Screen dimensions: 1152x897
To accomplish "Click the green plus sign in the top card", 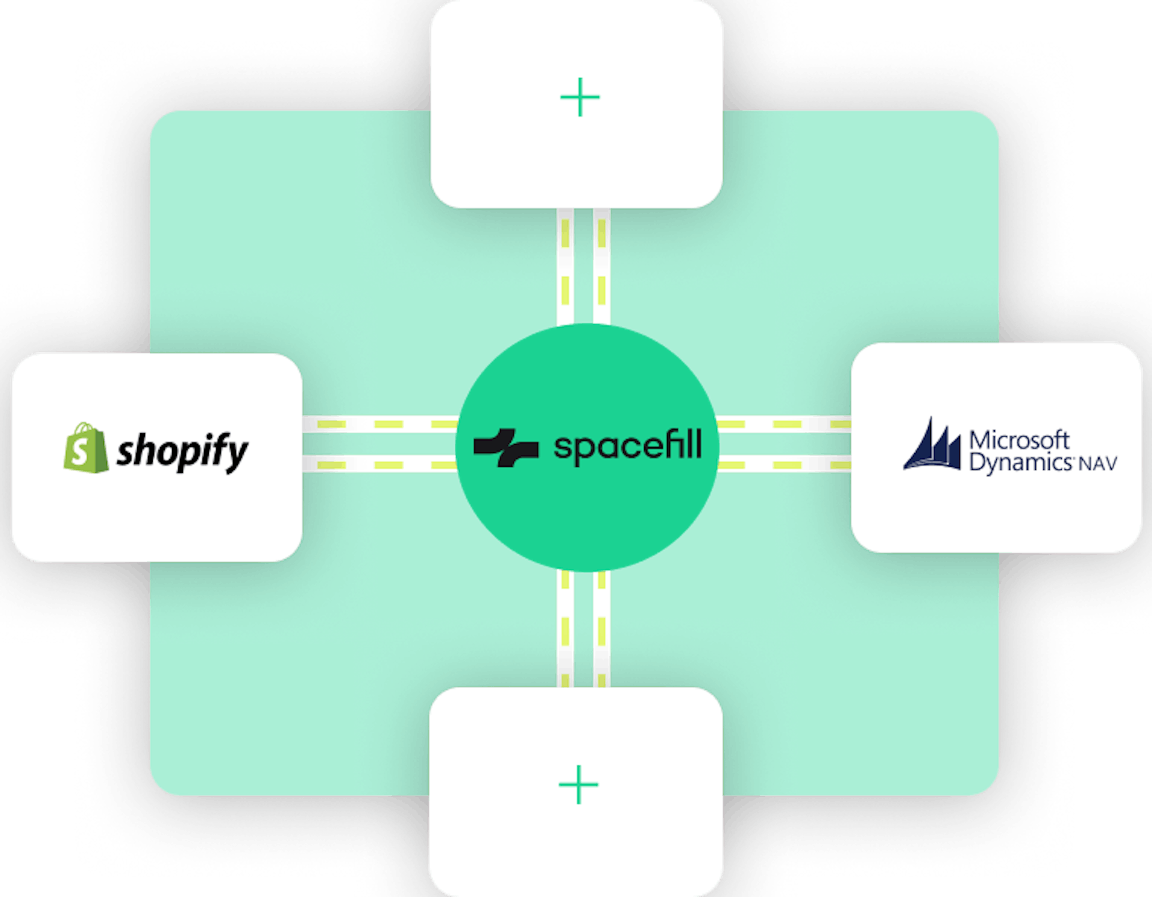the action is pos(580,97).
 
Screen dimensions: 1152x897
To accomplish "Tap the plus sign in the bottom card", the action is pos(579,784).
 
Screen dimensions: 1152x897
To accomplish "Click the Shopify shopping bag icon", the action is pos(86,448).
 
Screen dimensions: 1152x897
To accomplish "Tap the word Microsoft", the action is pos(1018,440).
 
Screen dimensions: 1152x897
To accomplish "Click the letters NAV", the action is pos(1098,464).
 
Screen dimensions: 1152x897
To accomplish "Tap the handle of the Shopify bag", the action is pos(84,428).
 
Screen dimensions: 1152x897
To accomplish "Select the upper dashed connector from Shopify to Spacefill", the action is pos(380,424).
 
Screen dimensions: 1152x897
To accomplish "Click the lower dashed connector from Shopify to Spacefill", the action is pos(380,465).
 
